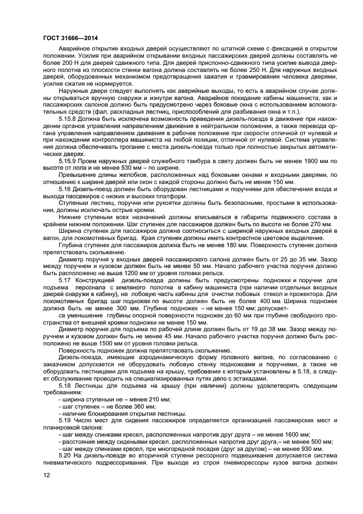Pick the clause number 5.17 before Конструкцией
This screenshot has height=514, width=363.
pos(65,280)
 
